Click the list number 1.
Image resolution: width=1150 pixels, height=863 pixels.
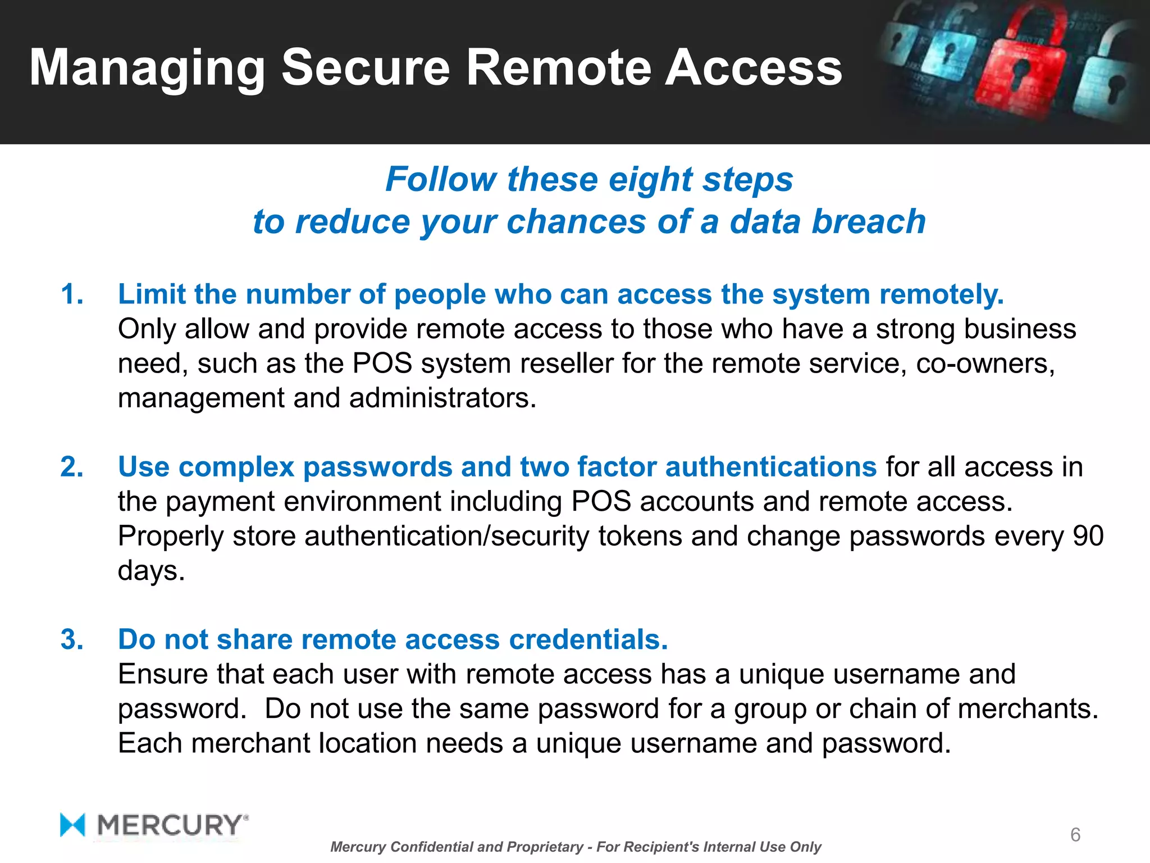coord(72,294)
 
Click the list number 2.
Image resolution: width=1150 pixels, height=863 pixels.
coord(72,467)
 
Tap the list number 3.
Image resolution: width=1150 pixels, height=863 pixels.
coord(72,639)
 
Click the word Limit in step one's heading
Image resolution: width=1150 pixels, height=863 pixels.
coord(152,294)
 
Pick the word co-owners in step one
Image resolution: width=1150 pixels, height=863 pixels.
coord(985,364)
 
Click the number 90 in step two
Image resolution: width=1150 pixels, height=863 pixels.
coord(1088,536)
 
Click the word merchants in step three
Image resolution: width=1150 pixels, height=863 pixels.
coord(1027,708)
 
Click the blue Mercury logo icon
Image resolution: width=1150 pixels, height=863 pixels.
coord(72,825)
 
